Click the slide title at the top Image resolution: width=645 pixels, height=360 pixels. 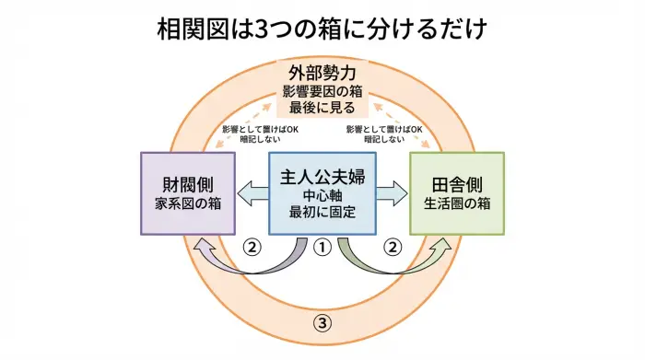[x=322, y=29]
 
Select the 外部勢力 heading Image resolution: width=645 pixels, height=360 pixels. [x=322, y=72]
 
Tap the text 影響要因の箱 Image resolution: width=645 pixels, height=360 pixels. [x=322, y=91]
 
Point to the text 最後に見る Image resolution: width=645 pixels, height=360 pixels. [x=322, y=110]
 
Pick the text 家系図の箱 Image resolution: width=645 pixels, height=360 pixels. [x=186, y=203]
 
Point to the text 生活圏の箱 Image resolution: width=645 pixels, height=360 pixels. [x=457, y=203]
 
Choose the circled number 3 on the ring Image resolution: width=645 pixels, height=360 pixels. [x=322, y=322]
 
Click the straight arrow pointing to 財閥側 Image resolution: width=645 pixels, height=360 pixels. [x=251, y=192]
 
